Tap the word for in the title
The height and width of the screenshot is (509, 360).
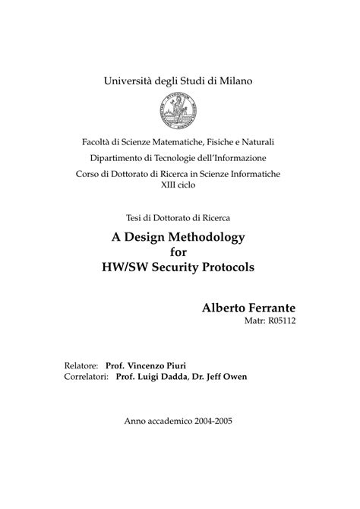(179, 253)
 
